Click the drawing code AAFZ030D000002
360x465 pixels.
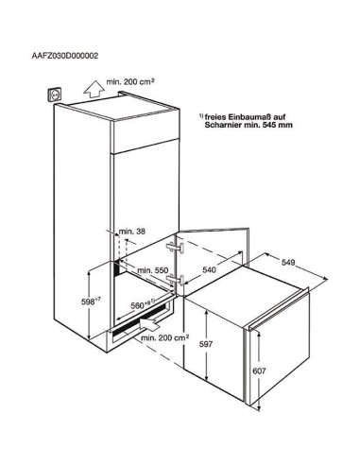[65, 56]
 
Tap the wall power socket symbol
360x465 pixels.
[54, 95]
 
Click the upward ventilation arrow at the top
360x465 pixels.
[94, 88]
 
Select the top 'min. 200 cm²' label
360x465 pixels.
[130, 82]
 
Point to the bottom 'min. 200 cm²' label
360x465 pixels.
[165, 338]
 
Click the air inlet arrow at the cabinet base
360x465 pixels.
[149, 324]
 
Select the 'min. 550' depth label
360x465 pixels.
[153, 270]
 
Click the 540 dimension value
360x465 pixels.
[209, 269]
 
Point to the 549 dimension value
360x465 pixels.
[288, 262]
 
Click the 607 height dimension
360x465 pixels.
[259, 371]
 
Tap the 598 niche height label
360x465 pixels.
[91, 301]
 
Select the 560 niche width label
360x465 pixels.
[143, 304]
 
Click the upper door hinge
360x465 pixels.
[176, 247]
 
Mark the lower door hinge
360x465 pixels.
[176, 280]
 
